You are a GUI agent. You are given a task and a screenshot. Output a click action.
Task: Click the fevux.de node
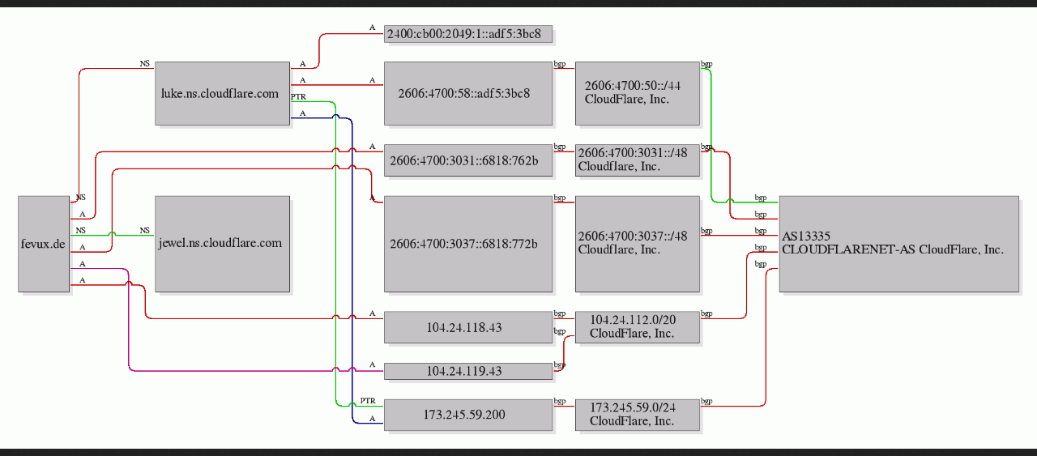pos(44,244)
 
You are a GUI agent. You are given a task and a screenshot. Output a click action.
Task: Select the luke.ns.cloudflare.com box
pos(222,93)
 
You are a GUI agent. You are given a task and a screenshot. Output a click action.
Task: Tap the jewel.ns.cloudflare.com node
pos(222,244)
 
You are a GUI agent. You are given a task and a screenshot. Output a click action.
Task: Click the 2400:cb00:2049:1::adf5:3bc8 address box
pos(468,34)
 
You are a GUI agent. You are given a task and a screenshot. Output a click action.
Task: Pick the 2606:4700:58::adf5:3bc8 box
pos(468,93)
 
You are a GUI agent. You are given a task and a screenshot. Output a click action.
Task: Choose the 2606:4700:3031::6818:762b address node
pos(468,160)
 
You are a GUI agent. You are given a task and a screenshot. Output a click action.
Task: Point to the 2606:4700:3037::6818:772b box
pos(468,244)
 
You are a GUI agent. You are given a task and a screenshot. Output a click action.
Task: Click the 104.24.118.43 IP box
pos(468,327)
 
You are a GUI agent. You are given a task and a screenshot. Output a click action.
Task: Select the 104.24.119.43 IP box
pos(468,371)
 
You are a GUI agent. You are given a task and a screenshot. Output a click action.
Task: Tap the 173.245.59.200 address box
pos(468,415)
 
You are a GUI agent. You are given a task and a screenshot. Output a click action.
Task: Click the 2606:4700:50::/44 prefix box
pos(638,93)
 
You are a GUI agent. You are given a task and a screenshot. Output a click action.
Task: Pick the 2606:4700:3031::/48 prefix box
pos(638,160)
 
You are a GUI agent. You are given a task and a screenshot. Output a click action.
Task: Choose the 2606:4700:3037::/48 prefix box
pos(638,244)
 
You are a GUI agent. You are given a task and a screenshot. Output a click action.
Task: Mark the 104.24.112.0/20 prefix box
pos(638,327)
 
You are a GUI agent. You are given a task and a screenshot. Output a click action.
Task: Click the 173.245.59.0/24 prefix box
pos(638,415)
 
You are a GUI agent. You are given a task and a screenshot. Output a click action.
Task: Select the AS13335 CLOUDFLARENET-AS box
pos(899,244)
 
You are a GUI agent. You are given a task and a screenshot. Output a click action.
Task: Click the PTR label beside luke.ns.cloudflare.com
pos(299,96)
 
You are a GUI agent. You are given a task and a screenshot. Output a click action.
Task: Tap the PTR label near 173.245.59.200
pos(368,401)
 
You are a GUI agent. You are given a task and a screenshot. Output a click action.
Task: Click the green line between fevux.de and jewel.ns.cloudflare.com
pos(112,235)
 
